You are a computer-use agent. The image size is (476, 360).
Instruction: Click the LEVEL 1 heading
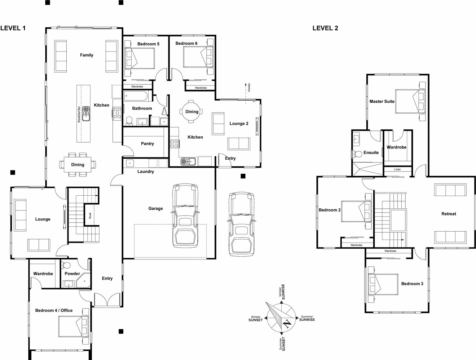tap(13, 28)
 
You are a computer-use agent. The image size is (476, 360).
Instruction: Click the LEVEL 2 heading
tap(325, 28)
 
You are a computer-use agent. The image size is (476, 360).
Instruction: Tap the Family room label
tap(86, 55)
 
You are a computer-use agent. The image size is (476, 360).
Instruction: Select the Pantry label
tap(147, 144)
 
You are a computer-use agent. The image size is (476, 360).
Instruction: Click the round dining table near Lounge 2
tap(192, 112)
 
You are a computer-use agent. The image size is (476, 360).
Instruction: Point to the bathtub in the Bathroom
tap(136, 96)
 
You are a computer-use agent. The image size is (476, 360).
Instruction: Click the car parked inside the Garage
tap(185, 215)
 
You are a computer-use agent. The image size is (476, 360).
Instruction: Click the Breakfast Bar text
tap(79, 114)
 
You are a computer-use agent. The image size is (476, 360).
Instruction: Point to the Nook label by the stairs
tap(90, 215)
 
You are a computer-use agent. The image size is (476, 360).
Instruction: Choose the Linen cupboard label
tap(397, 170)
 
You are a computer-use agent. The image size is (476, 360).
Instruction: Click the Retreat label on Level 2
tap(448, 214)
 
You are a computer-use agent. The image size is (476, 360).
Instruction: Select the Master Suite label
tap(382, 101)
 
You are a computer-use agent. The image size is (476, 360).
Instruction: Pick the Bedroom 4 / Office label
tap(54, 310)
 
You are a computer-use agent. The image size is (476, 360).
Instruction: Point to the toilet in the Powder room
tap(66, 265)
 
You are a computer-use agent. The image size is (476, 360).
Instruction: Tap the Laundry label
tap(146, 171)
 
